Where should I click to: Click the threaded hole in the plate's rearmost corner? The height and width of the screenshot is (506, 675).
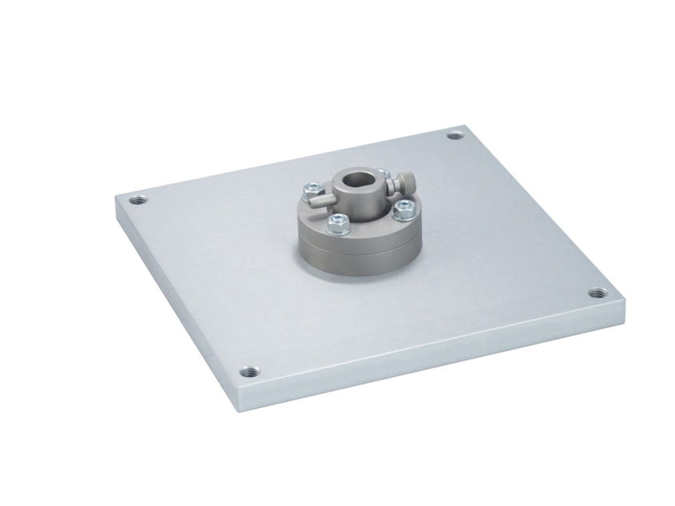[456, 135]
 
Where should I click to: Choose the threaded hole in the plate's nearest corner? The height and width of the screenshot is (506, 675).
[250, 372]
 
